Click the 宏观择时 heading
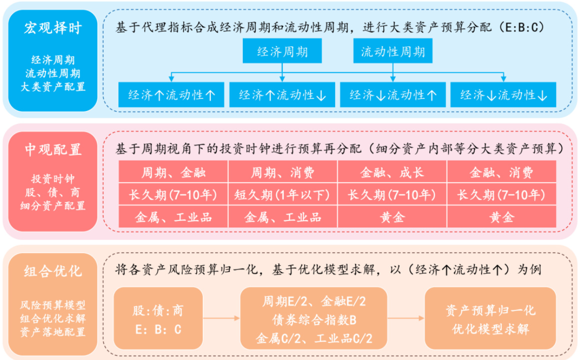tap(52, 28)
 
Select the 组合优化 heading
tap(52, 271)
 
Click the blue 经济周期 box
tap(282, 52)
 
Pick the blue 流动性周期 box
tap(393, 52)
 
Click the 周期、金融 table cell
tap(173, 172)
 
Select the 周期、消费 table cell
tap(283, 172)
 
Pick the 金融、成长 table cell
tap(392, 172)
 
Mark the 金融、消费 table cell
tap(502, 172)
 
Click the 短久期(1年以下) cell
tap(283, 194)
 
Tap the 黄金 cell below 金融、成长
tap(392, 217)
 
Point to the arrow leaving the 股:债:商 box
tap(221, 317)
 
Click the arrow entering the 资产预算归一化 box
tap(405, 317)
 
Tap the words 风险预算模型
tap(52, 304)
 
